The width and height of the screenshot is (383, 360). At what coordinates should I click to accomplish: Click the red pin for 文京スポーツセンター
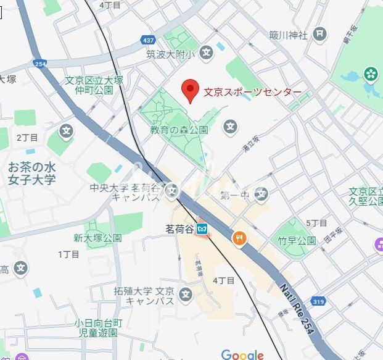point(190,91)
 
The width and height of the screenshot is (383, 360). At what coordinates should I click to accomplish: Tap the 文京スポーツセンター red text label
point(253,93)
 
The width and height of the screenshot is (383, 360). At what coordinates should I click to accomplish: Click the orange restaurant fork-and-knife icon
point(238,237)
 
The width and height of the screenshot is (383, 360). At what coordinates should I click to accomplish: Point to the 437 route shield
point(147,39)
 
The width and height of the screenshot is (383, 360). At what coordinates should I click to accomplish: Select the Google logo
point(242,354)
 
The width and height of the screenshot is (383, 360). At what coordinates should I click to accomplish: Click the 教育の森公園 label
point(179,130)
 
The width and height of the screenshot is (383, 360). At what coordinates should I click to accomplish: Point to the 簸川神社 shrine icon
point(319,34)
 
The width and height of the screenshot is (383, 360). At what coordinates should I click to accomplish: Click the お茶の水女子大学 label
point(31,174)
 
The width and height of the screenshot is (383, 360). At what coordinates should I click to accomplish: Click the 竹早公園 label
point(302,240)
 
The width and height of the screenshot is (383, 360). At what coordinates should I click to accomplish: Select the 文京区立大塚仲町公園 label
point(89,85)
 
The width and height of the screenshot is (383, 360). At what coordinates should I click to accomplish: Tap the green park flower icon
point(371,74)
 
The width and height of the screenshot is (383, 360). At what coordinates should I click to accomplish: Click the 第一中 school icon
point(262,195)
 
